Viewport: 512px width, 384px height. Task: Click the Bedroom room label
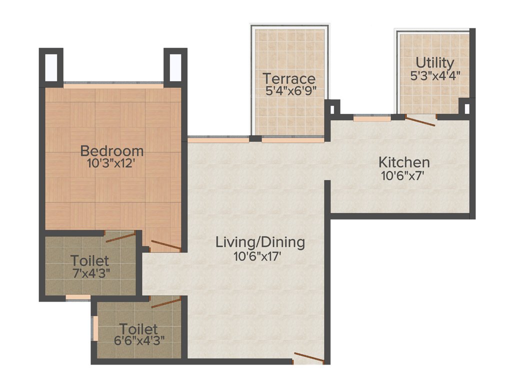112,150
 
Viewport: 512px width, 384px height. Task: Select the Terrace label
289,78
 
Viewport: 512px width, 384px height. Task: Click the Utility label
435,63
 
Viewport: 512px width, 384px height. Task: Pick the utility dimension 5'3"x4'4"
435,75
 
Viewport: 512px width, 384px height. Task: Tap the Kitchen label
404,162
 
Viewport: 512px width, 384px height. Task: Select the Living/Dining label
260,242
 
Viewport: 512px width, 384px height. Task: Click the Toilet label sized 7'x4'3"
89,260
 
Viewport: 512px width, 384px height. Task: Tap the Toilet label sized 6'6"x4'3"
138,329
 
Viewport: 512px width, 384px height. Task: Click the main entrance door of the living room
308,357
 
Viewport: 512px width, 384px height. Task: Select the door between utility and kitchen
420,120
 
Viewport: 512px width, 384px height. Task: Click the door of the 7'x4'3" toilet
120,236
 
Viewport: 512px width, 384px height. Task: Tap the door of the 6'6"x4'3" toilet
165,302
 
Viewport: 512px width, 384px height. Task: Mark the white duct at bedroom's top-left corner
51,66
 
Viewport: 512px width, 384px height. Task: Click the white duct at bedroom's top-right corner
175,66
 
